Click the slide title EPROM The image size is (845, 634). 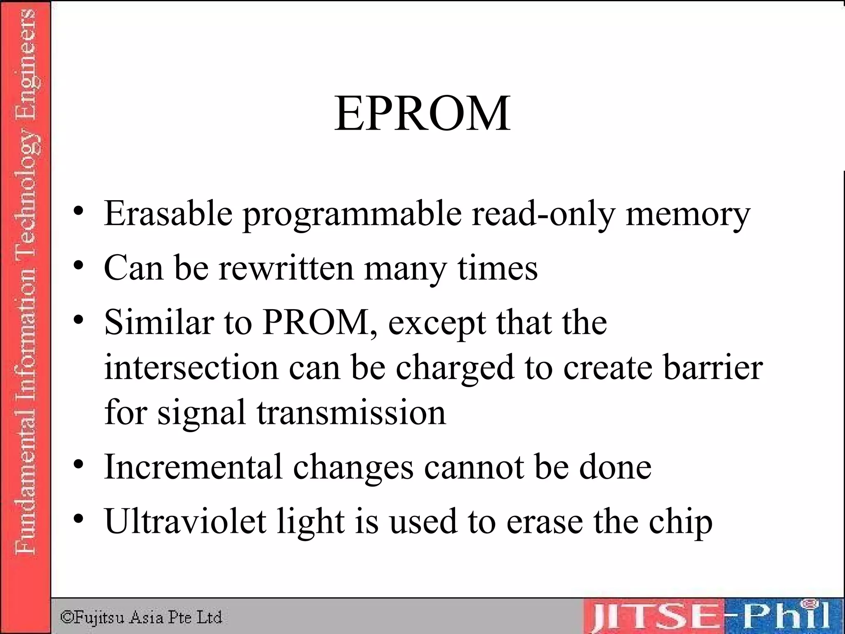click(422, 114)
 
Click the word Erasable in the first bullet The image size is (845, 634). click(168, 213)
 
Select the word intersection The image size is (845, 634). click(191, 367)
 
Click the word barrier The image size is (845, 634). click(713, 367)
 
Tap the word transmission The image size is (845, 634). click(351, 412)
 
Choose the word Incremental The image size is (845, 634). click(193, 467)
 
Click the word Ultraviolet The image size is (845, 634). click(185, 521)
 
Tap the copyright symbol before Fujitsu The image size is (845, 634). click(66, 617)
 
